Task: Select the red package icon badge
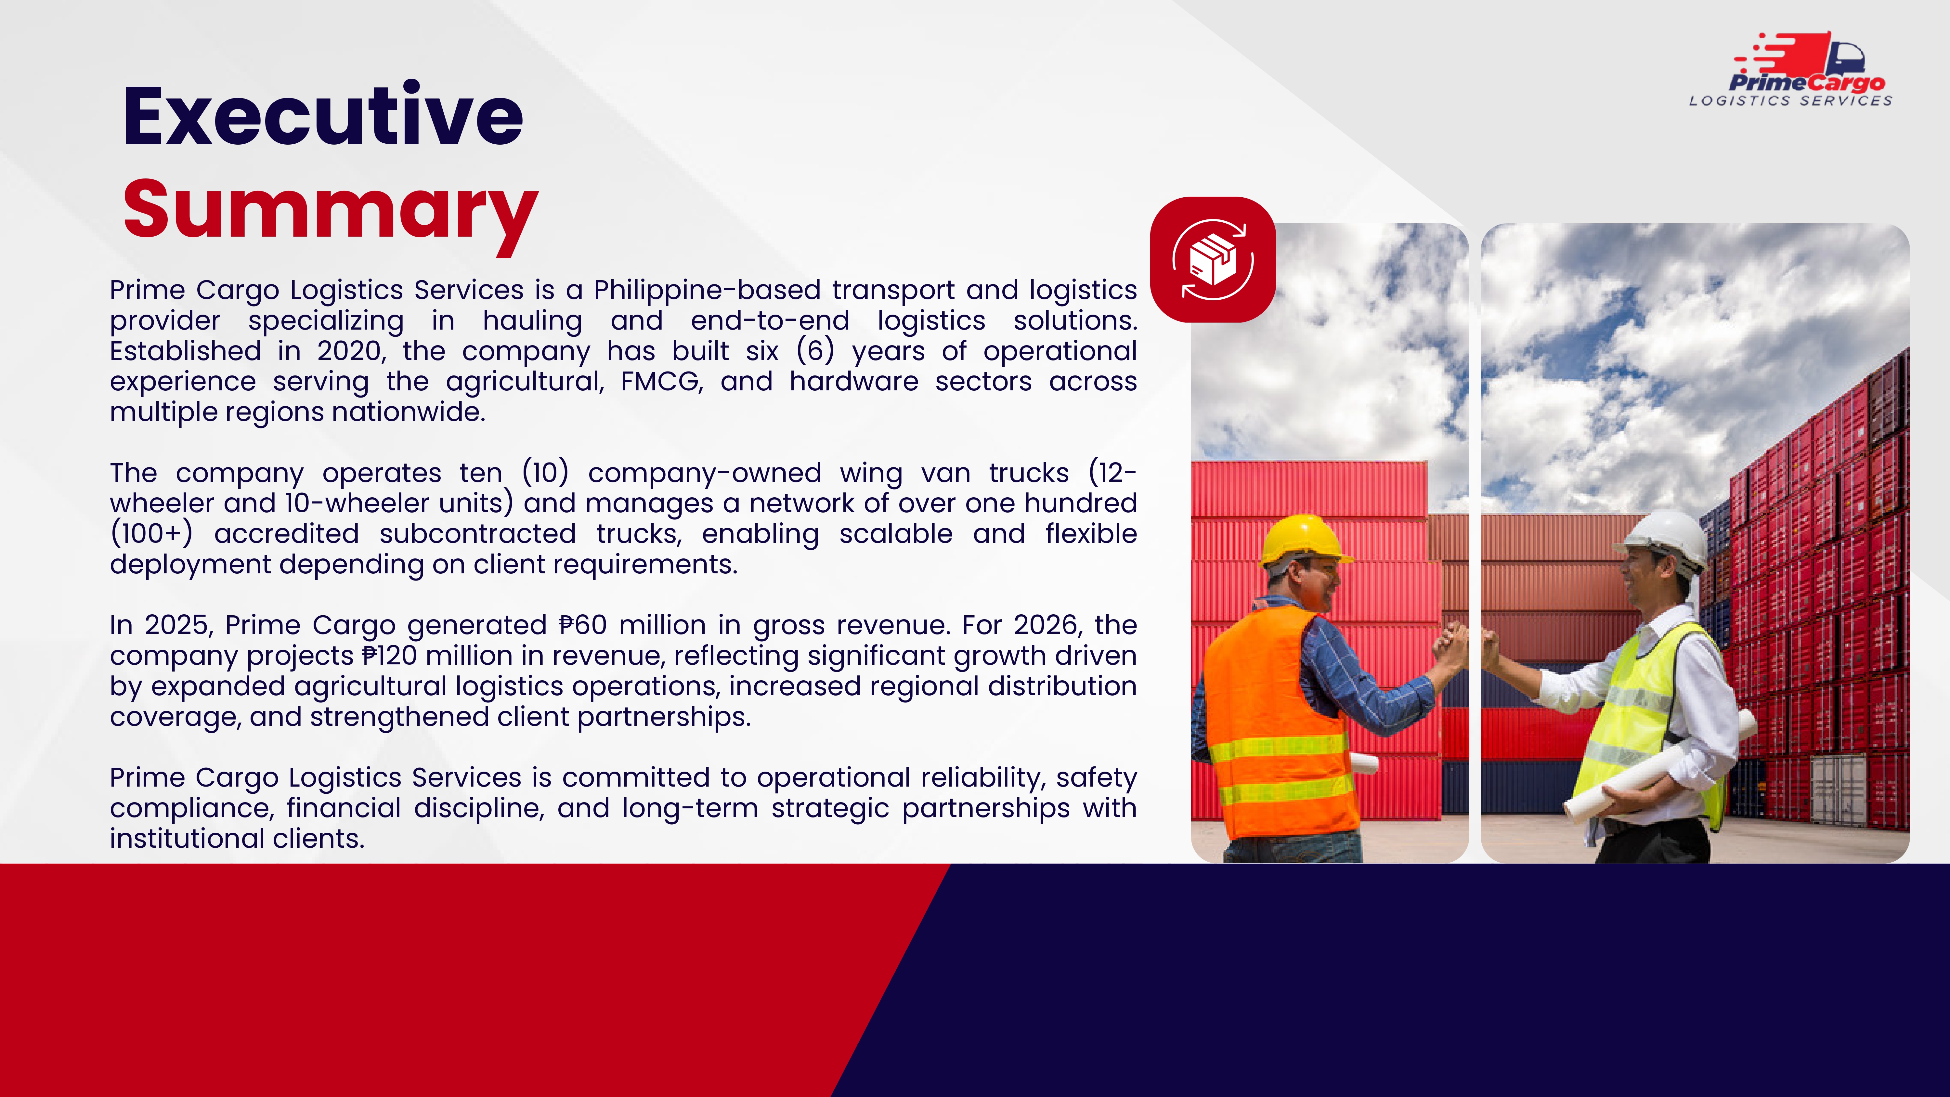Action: pos(1213,260)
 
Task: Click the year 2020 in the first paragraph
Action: pos(350,351)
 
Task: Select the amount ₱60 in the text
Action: pos(583,625)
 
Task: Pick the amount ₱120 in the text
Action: pos(389,656)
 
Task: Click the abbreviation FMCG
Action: pos(662,382)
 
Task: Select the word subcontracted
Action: pos(478,534)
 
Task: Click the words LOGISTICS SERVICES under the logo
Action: pos(1790,101)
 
